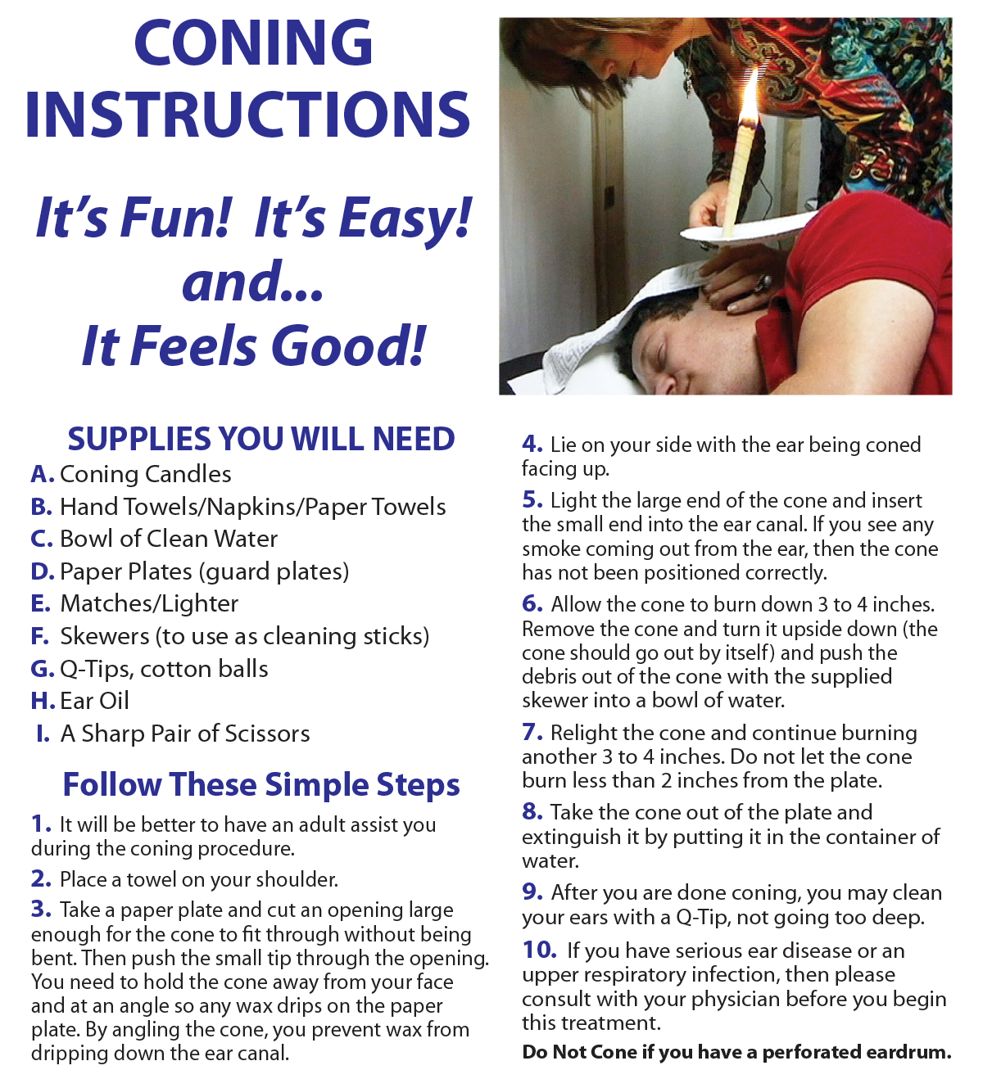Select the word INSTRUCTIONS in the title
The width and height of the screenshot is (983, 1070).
click(x=247, y=114)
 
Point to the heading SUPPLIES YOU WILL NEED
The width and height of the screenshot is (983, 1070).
click(x=261, y=439)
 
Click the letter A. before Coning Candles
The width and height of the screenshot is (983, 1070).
click(x=43, y=474)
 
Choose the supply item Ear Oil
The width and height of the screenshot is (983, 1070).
click(x=94, y=701)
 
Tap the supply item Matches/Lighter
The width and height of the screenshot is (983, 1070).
click(x=149, y=604)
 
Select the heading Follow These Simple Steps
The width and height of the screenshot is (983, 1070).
click(x=261, y=784)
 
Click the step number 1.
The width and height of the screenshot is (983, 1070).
click(x=41, y=824)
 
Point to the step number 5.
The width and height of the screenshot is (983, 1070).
click(x=532, y=499)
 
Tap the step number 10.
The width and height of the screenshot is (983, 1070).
click(x=539, y=950)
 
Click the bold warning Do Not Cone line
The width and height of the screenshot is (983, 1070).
click(x=737, y=1051)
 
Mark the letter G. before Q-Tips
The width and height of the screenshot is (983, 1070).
click(x=43, y=669)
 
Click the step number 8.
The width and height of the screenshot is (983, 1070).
click(x=532, y=811)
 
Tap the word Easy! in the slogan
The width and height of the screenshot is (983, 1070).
click(x=405, y=219)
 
